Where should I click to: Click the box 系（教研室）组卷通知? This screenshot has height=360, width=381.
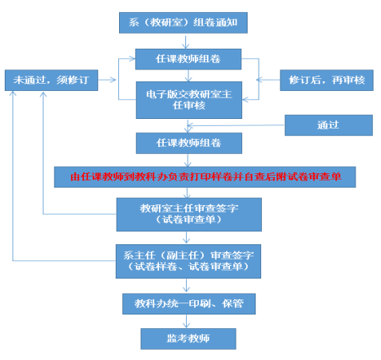tap(183, 22)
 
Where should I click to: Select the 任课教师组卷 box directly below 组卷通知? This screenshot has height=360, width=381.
tap(189, 59)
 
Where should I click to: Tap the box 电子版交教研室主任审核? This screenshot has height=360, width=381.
tap(189, 100)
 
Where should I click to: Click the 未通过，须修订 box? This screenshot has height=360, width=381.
tap(51, 80)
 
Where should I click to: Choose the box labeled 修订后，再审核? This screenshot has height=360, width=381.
tap(327, 80)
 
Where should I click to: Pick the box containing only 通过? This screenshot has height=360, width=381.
tap(329, 125)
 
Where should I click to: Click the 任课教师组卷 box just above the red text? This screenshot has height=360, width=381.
tap(189, 143)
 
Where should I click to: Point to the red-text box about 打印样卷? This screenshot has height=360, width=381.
tap(205, 177)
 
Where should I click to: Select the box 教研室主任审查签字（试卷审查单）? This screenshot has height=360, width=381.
tap(189, 215)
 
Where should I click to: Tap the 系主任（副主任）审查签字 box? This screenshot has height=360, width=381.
tap(189, 261)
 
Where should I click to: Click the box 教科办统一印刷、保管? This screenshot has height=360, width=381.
tap(189, 304)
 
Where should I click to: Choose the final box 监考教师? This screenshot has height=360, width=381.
tap(189, 338)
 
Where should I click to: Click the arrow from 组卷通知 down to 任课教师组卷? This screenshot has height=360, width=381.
tap(185, 42)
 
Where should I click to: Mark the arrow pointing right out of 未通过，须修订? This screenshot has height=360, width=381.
tap(107, 80)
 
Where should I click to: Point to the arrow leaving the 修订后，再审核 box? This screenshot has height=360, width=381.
tap(268, 80)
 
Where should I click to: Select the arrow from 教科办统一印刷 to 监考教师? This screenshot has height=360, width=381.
tap(186, 321)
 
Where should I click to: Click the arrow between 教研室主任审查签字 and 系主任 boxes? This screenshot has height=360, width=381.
tap(186, 238)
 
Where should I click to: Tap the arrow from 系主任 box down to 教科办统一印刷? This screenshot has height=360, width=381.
tap(186, 286)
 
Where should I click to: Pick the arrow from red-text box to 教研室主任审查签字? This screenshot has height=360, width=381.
tap(187, 192)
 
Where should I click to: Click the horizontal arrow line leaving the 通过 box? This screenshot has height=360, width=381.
tap(236, 125)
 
